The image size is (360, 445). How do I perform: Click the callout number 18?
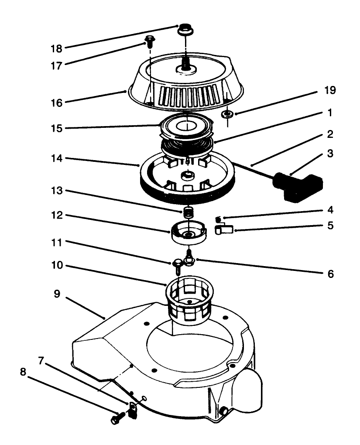57,47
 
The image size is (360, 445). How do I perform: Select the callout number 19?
330,90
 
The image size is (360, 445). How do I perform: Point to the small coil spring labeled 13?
187,213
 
